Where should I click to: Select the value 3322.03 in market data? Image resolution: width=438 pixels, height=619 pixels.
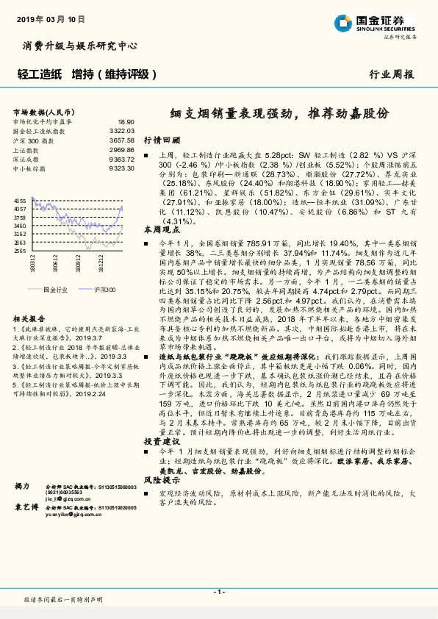click(122, 131)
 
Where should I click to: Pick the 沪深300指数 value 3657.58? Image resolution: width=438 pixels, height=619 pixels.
click(122, 140)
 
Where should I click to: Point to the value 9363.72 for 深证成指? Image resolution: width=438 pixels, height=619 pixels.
click(122, 159)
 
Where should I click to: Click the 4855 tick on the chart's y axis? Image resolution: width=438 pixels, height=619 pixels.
click(20, 201)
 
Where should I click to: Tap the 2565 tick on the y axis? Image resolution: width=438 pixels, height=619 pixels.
click(20, 251)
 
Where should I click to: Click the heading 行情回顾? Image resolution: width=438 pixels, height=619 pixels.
click(161, 139)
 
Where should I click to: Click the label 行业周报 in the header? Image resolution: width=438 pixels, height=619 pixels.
click(391, 74)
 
